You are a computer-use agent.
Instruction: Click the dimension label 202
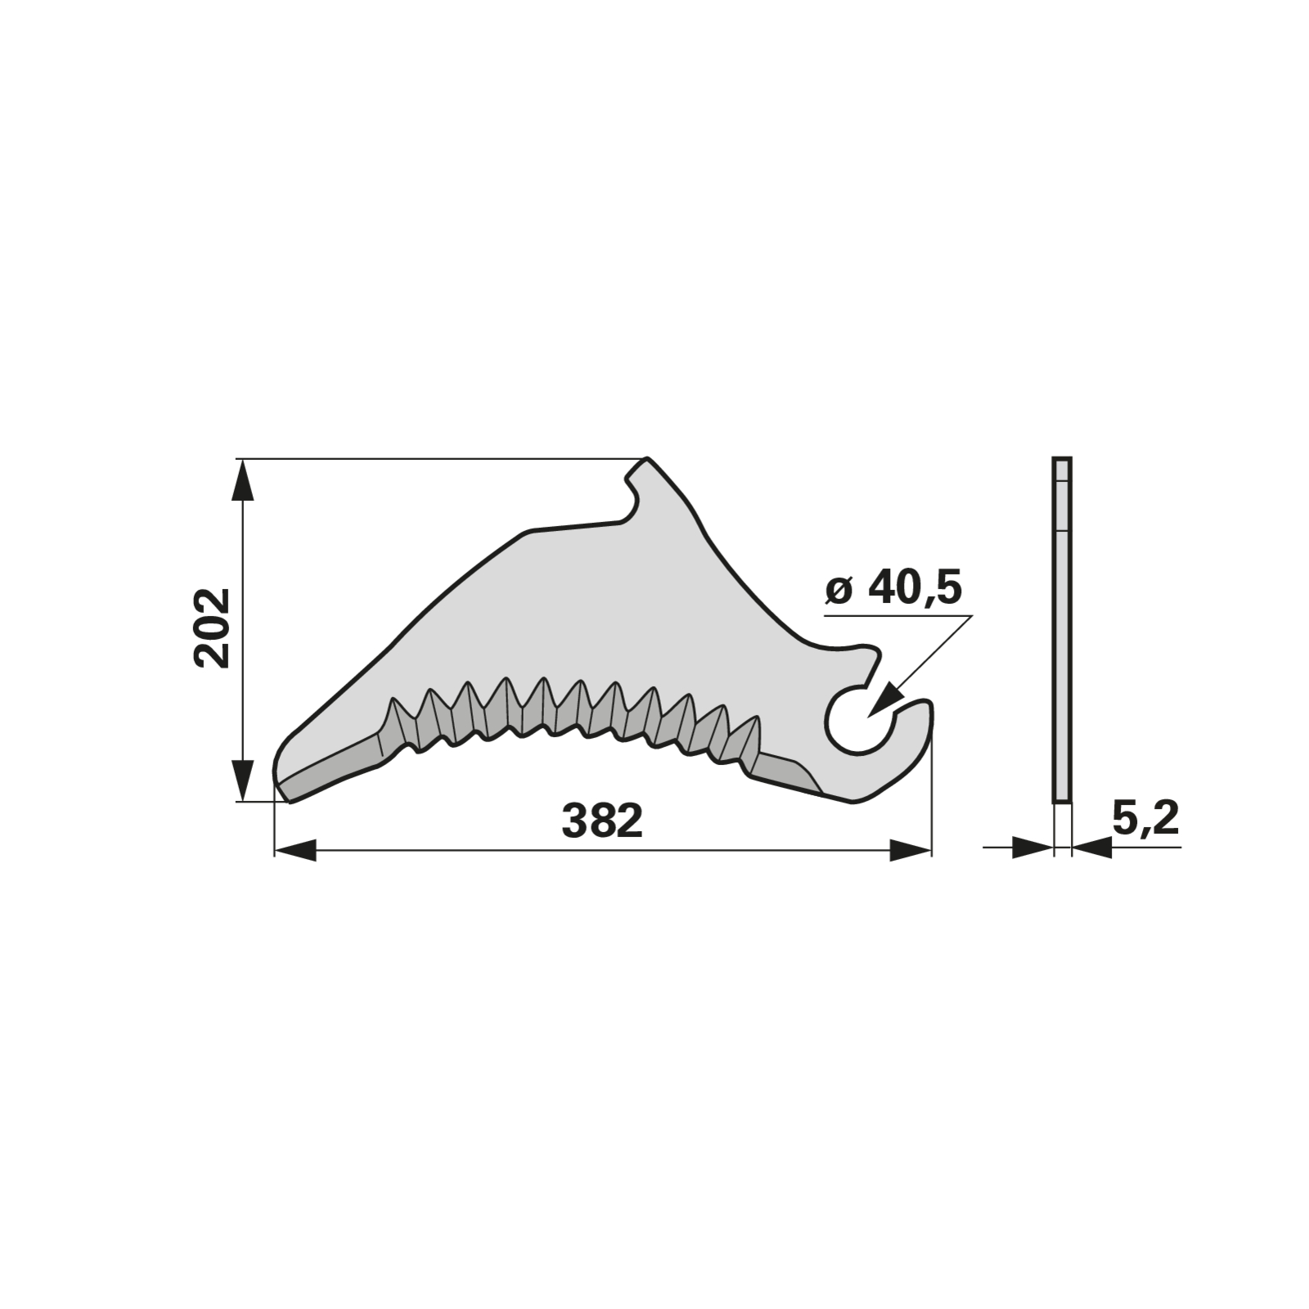(214, 628)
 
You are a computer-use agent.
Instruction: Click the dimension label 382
(602, 821)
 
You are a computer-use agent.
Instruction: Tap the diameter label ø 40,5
(893, 588)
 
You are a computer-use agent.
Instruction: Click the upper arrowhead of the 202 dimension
(243, 479)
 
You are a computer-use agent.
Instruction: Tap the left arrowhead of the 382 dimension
(295, 850)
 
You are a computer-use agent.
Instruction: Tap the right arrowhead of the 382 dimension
(910, 850)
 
